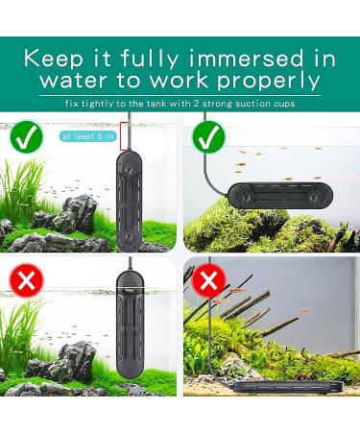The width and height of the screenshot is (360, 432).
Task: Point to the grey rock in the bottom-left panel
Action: click(67, 360)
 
